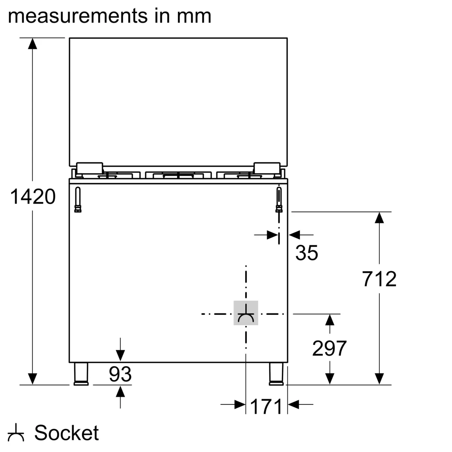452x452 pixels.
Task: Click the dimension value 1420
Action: [33, 197]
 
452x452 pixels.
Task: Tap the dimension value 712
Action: [379, 279]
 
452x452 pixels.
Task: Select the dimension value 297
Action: [329, 348]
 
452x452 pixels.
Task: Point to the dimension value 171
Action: [266, 406]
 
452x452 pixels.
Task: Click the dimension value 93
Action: [120, 374]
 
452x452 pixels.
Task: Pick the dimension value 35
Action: [307, 253]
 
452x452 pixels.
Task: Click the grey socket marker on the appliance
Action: [246, 313]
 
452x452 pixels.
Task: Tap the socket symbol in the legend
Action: [16, 433]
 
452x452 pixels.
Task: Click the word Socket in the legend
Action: [67, 433]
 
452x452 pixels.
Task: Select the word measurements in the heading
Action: [76, 16]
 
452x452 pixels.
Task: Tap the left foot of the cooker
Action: [81, 374]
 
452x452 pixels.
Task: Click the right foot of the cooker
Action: [276, 374]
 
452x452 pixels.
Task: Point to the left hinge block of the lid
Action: [90, 167]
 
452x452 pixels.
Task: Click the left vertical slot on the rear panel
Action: [78, 199]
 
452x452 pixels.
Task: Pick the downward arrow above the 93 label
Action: [120, 354]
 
